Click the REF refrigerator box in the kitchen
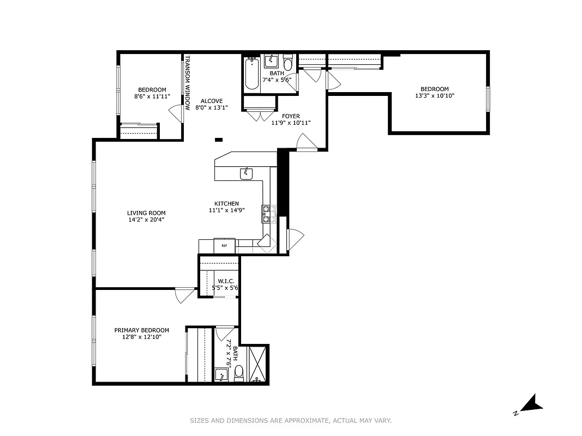(224, 246)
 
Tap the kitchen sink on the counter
(247, 174)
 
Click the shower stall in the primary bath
(259, 364)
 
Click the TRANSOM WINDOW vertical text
(187, 82)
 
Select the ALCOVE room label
(212, 101)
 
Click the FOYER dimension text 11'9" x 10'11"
(290, 123)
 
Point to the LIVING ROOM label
(146, 213)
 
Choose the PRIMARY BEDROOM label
(141, 330)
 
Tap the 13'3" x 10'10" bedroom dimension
(434, 96)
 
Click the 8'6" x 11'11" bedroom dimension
(152, 96)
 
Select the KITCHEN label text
(226, 204)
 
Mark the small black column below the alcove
(219, 140)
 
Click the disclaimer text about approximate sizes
(291, 420)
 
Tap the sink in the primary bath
(221, 374)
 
